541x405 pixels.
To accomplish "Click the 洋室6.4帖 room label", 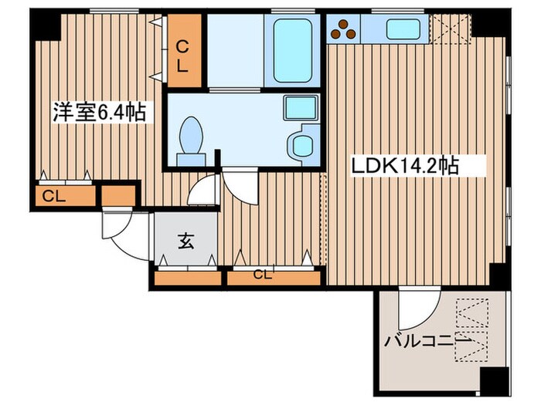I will point(98,113).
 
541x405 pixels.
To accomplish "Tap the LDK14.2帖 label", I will point(407,164).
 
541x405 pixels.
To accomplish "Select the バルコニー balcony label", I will point(427,340).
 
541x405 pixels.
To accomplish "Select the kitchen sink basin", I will point(403,29).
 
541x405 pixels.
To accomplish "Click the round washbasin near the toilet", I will point(300,143).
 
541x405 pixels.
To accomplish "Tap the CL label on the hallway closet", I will point(263,273).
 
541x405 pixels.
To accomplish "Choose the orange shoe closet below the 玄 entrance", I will point(186,276).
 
